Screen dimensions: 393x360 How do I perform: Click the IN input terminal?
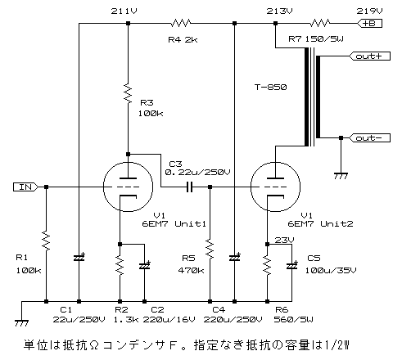pos(25,187)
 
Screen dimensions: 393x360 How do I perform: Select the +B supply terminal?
pos(369,24)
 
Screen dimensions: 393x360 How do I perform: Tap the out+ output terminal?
pos(369,56)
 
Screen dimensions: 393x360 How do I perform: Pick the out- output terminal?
pos(369,138)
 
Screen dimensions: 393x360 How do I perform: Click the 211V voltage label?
pos(124,11)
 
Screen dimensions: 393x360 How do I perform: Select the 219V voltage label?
pos(369,11)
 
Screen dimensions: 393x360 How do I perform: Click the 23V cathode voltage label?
pos(284,241)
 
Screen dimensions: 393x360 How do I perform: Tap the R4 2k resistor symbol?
pos(181,24)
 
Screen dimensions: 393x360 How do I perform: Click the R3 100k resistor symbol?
pos(128,93)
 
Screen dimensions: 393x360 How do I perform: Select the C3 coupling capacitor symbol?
pos(189,187)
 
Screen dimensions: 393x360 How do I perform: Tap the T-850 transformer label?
pos(270,88)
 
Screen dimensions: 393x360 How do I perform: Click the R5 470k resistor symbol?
pos(210,249)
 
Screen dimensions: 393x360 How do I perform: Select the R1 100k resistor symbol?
pos(46,241)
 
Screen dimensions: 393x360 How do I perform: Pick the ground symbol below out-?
pos(341,176)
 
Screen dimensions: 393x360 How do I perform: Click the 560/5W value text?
pos(293,319)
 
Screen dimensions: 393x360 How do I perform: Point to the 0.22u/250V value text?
pos(197,173)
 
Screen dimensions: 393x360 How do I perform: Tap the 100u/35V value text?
pos(331,271)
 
